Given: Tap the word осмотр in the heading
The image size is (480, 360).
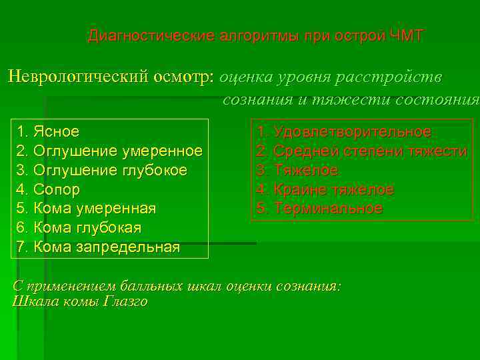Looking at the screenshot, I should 182,77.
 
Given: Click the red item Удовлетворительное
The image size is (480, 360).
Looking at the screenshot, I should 344,132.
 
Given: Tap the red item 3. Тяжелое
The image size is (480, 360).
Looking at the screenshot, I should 297,171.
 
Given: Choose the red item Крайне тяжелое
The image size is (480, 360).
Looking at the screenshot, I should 325,190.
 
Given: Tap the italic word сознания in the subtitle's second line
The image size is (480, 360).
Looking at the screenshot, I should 254,101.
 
